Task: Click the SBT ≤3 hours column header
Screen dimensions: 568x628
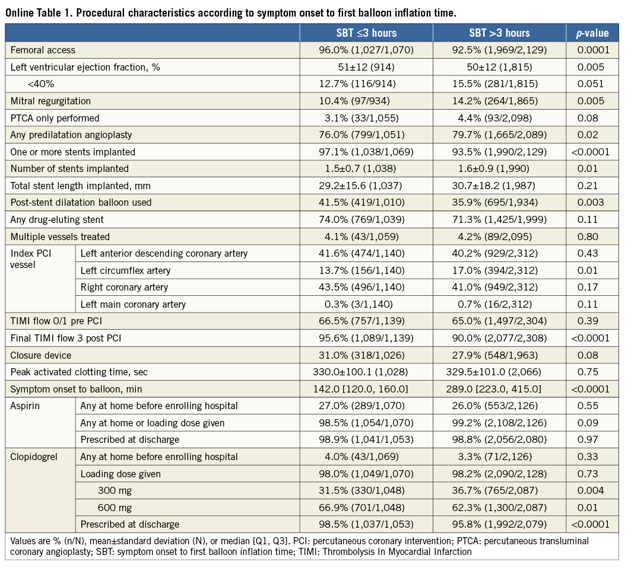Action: [366, 33]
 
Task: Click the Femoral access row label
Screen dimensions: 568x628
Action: [43, 50]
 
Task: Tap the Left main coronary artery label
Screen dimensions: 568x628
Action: [133, 304]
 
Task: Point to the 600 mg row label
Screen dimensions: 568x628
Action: [116, 508]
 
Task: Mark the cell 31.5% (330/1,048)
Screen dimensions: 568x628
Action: [366, 490]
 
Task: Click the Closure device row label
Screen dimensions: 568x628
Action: [41, 355]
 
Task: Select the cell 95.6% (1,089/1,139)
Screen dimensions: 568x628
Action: [366, 339]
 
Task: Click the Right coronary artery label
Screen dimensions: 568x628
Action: [124, 288]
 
